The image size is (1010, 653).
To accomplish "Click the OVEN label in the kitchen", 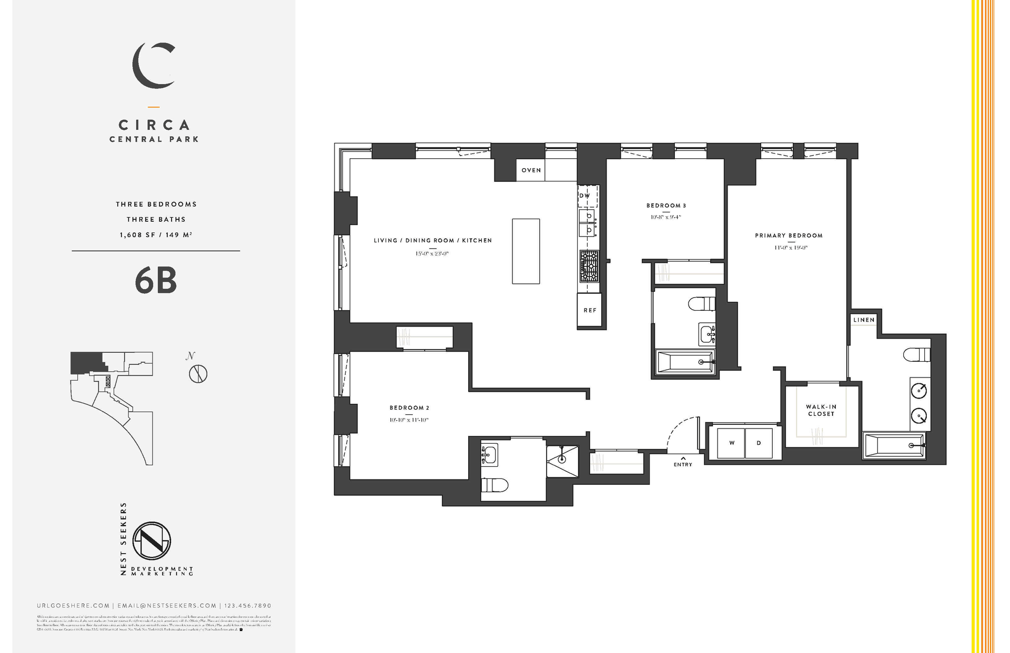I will pyautogui.click(x=531, y=170).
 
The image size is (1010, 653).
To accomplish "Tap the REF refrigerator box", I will pyautogui.click(x=590, y=310).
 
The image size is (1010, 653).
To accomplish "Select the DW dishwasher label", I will pyautogui.click(x=584, y=196).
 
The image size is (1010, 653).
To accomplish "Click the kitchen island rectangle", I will pyautogui.click(x=526, y=251).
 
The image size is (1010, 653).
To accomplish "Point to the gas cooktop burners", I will pyautogui.click(x=589, y=267).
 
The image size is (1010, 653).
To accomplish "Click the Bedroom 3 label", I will pyautogui.click(x=666, y=206).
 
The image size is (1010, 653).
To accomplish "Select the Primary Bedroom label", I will pyautogui.click(x=789, y=236).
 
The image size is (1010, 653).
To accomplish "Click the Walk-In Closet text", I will pyautogui.click(x=821, y=410).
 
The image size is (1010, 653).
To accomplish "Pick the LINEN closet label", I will pyautogui.click(x=864, y=320).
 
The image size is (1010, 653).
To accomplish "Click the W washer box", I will pyautogui.click(x=732, y=443).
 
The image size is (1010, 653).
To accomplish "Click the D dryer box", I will pyautogui.click(x=759, y=443).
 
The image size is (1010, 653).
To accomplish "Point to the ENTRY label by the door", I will pyautogui.click(x=683, y=464).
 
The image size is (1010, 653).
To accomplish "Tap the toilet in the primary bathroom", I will pyautogui.click(x=916, y=355).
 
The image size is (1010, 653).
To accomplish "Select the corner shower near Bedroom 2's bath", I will pyautogui.click(x=562, y=461).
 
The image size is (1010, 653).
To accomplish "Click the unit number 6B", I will pyautogui.click(x=156, y=281).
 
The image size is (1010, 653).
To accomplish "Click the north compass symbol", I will pyautogui.click(x=198, y=374).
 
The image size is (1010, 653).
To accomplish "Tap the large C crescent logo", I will pyautogui.click(x=153, y=66).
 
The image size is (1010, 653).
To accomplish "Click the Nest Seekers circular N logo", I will pyautogui.click(x=151, y=540).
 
